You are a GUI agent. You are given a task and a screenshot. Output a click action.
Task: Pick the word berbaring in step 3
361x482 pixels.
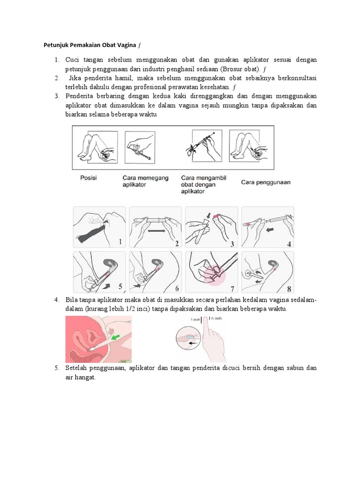[108, 96]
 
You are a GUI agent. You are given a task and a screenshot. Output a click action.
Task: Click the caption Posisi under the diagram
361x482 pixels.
[89, 178]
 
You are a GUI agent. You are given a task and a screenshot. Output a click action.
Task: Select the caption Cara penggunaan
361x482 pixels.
[266, 182]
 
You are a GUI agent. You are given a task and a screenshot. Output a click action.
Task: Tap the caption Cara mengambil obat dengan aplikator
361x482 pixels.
[199, 185]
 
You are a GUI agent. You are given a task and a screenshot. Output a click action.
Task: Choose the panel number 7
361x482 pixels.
[232, 289]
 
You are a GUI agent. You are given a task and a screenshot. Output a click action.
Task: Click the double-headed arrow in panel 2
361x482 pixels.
[155, 232]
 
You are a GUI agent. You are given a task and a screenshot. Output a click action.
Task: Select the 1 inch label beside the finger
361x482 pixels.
[195, 320]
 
